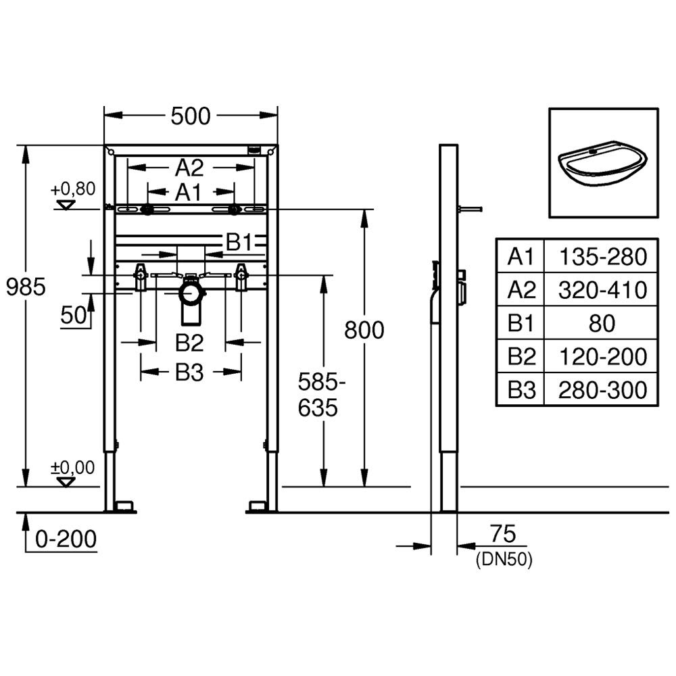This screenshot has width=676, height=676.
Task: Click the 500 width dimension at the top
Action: [x=191, y=116]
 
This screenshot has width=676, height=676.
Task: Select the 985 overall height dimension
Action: [x=26, y=287]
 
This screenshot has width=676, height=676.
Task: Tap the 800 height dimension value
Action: [x=364, y=331]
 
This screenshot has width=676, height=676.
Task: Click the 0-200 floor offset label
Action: [x=66, y=539]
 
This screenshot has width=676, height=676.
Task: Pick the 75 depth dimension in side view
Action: [x=503, y=534]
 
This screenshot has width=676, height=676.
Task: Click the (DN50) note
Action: [x=504, y=560]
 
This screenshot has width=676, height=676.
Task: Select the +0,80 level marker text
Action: [x=73, y=189]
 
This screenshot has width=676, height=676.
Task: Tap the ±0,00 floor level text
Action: [x=72, y=467]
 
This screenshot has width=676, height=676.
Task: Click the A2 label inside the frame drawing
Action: [x=189, y=168]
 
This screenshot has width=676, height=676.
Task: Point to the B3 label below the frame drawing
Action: [x=189, y=372]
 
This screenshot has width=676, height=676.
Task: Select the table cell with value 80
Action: [x=602, y=323]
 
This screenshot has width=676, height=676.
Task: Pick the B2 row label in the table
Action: [x=522, y=356]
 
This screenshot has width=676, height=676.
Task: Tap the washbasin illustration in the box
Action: [x=603, y=164]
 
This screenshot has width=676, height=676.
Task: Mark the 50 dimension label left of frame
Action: [x=73, y=315]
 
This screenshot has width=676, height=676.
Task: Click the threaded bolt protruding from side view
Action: [x=470, y=210]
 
